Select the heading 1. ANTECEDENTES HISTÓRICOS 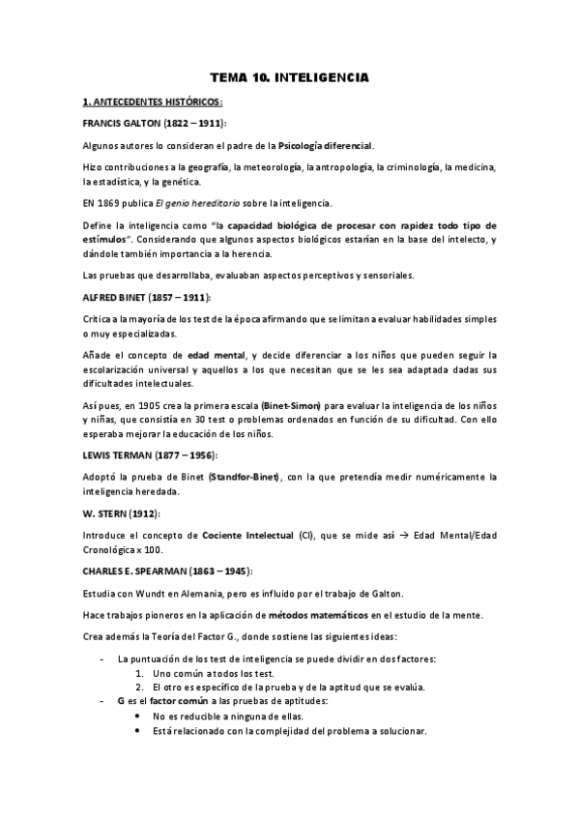pyautogui.click(x=153, y=102)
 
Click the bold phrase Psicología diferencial pyautogui.click(x=325, y=145)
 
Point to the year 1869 pyautogui.click(x=113, y=203)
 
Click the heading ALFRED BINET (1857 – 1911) pyautogui.click(x=145, y=297)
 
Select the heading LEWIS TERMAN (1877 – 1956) pyautogui.click(x=150, y=454)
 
